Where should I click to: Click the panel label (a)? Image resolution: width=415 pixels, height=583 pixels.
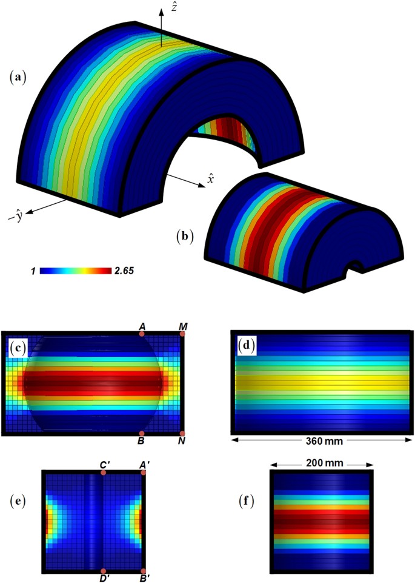pyautogui.click(x=18, y=77)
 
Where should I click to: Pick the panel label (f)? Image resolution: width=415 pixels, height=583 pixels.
pyautogui.click(x=247, y=502)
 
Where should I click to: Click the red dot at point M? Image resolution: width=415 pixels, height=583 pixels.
pyautogui.click(x=182, y=333)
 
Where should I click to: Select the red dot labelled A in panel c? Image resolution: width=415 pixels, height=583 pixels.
pyautogui.click(x=142, y=333)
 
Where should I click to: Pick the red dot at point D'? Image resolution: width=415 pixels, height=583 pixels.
pyautogui.click(x=104, y=571)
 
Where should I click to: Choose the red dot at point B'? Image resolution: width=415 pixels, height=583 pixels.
pyautogui.click(x=143, y=571)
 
